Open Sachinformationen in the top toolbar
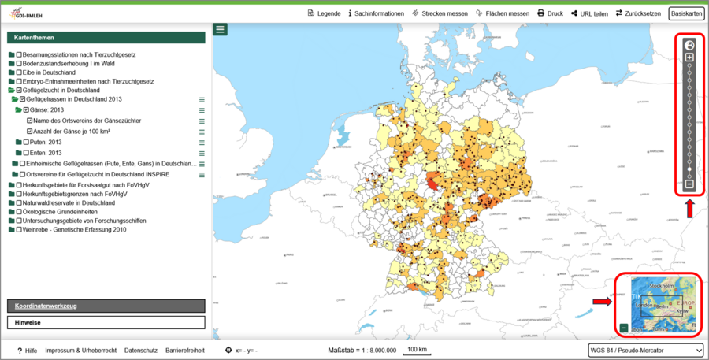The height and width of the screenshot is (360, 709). (376, 13)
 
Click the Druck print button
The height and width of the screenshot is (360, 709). (550, 13)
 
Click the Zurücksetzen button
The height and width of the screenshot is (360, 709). (639, 13)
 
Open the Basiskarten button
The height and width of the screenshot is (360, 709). (685, 13)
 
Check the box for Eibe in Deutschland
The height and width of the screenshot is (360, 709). (20, 72)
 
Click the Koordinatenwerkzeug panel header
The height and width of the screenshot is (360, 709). (106, 306)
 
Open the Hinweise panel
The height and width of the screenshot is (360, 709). (106, 323)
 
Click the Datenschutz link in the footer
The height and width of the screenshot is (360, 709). (141, 350)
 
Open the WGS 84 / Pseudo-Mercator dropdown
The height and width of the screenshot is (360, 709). (644, 350)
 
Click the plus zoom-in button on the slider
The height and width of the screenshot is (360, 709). (689, 58)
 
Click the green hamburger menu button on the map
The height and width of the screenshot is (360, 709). (220, 29)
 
